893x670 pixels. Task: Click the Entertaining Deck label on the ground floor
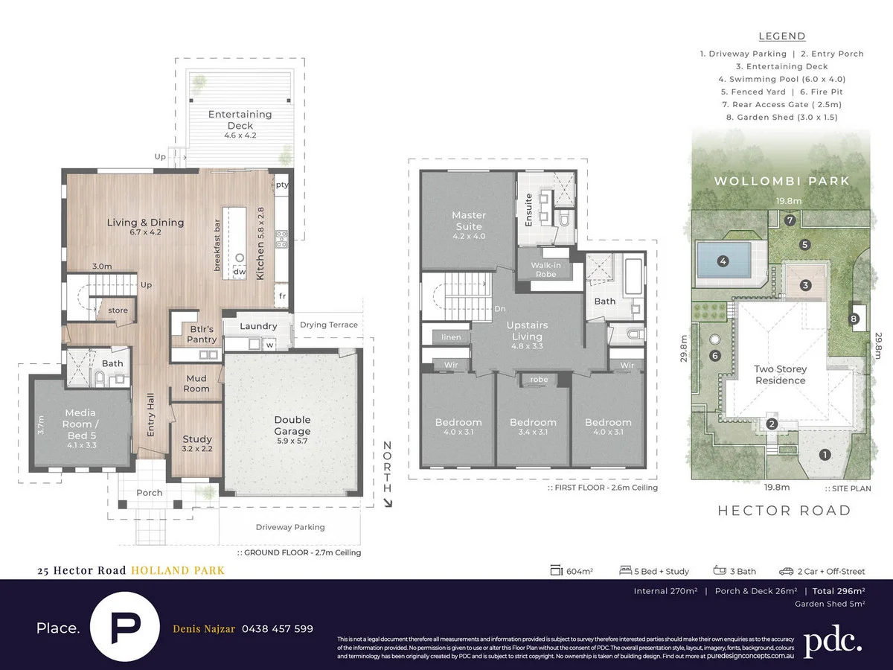pos(240,120)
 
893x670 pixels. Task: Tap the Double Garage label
pos(292,425)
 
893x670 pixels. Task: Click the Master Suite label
pos(468,221)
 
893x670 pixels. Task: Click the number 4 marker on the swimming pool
pos(722,261)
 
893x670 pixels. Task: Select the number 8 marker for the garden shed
pos(854,319)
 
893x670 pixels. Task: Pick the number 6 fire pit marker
pos(715,357)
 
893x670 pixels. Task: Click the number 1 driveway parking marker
pos(824,454)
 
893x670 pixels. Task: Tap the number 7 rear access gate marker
pos(790,220)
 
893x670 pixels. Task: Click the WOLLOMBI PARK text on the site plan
pos(781,181)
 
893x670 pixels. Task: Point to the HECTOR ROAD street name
pos(784,511)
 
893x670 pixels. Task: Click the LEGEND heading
pos(781,36)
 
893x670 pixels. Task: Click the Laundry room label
pos(258,326)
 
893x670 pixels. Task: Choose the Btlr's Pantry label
pos(202,334)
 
